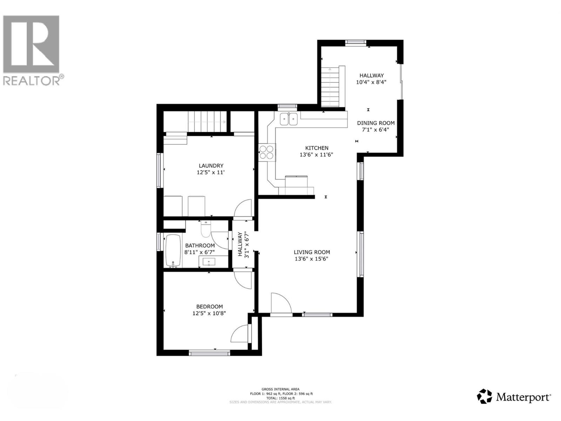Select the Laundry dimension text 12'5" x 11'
(211, 172)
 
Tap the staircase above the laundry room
(207, 122)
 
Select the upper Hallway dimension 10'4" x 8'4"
(371, 82)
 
